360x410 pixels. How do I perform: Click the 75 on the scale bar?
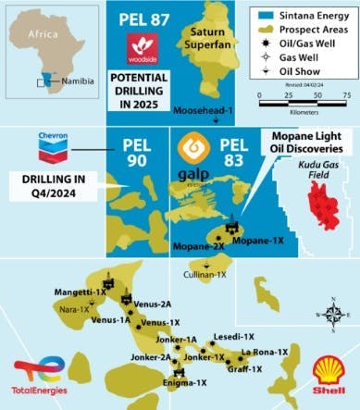tap(345, 95)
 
